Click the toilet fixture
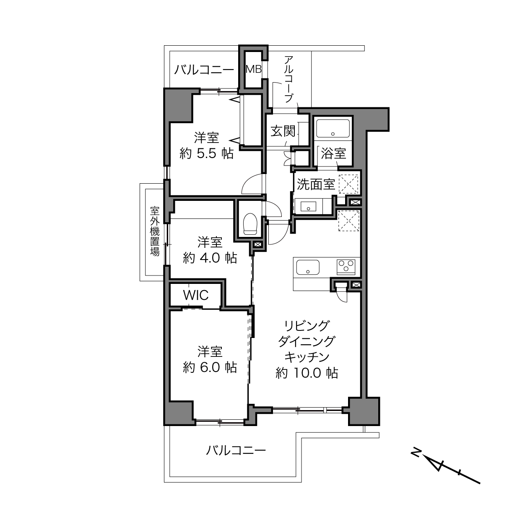pyautogui.click(x=250, y=224)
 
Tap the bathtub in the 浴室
pyautogui.click(x=333, y=128)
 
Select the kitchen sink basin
pyautogui.click(x=308, y=267)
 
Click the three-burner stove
pyautogui.click(x=346, y=266)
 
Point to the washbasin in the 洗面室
pyautogui.click(x=308, y=206)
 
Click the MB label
pyautogui.click(x=253, y=69)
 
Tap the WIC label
pyautogui.click(x=196, y=295)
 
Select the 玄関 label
pyautogui.click(x=283, y=131)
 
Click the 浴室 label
pyautogui.click(x=333, y=153)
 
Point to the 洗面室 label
pyautogui.click(x=316, y=185)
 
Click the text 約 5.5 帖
pyautogui.click(x=206, y=154)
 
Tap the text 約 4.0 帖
pyautogui.click(x=210, y=258)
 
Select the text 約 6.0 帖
pyautogui.click(x=210, y=367)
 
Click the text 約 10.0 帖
pyautogui.click(x=307, y=373)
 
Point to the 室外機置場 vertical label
pyautogui.click(x=155, y=231)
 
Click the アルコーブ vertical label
pyautogui.click(x=288, y=79)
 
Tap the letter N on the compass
pyautogui.click(x=416, y=452)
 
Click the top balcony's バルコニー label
pyautogui.click(x=204, y=70)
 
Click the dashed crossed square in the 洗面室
pyautogui.click(x=348, y=184)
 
